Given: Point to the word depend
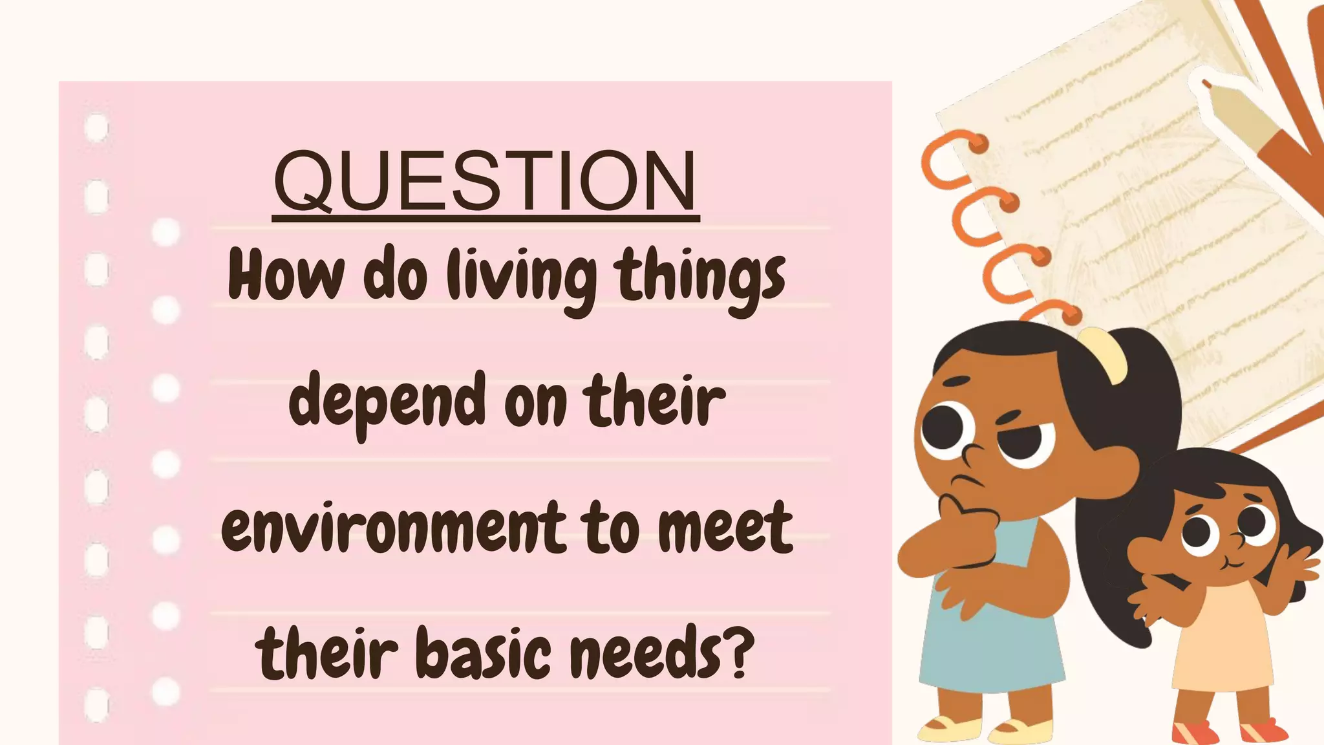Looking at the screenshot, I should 387,402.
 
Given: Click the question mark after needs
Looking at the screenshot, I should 737,651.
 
